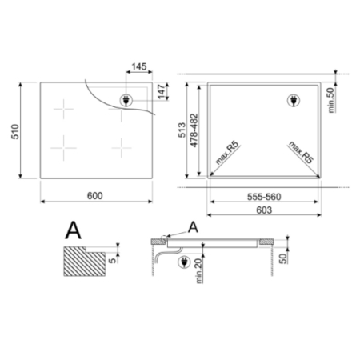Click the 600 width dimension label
click(x=94, y=196)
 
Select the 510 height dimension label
click(x=15, y=131)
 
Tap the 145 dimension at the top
click(x=139, y=66)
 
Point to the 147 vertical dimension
click(x=162, y=92)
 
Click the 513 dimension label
click(x=182, y=130)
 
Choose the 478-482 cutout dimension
click(x=194, y=130)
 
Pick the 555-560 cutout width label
click(x=264, y=197)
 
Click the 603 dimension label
click(x=264, y=210)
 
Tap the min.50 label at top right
click(x=331, y=100)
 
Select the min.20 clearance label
click(x=199, y=272)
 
